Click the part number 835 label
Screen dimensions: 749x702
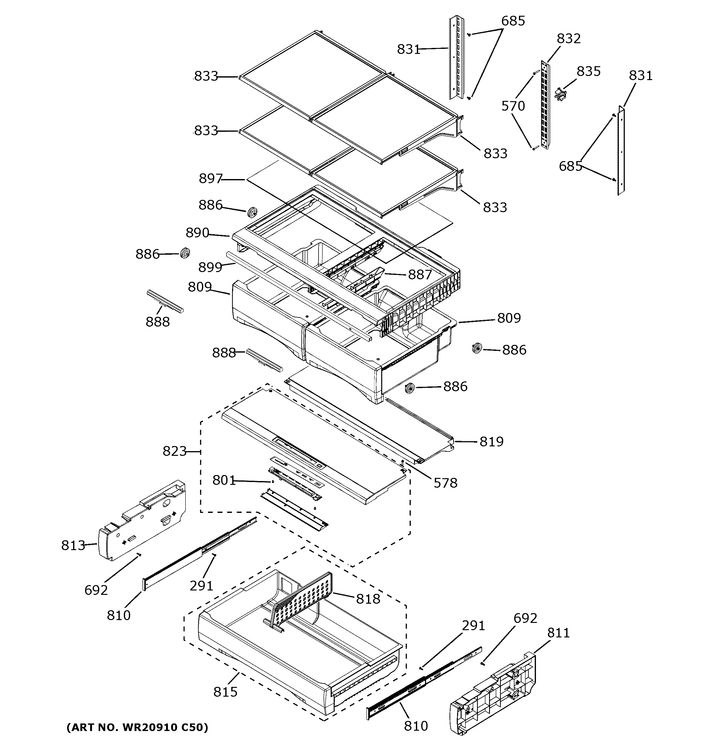(588, 71)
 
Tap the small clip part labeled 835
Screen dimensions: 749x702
(561, 94)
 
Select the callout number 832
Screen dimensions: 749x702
(568, 38)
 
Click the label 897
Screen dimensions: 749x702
(210, 179)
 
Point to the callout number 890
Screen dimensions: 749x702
(197, 233)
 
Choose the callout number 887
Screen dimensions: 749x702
(420, 275)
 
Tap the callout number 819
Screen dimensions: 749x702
(491, 442)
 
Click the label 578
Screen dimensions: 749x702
(445, 483)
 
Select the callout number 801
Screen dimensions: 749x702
(224, 480)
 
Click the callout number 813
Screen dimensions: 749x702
(73, 545)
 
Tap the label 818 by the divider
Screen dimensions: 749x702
(368, 599)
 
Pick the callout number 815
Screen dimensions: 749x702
(225, 692)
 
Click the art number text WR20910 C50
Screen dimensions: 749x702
(137, 727)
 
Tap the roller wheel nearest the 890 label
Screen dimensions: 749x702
(251, 212)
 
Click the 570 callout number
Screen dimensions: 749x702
(513, 106)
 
